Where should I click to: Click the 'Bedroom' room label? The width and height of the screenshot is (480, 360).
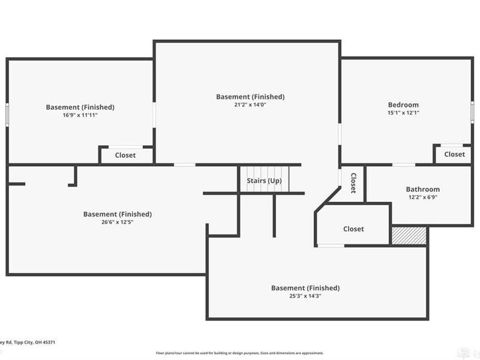tap(403, 105)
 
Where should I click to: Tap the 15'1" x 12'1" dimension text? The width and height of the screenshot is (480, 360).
tap(403, 113)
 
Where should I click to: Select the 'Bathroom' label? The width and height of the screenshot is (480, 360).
tap(422, 189)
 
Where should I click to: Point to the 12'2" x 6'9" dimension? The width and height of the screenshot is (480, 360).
tap(422, 197)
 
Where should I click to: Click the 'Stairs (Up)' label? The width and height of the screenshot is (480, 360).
tap(264, 181)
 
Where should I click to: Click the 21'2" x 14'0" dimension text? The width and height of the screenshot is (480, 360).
tap(250, 104)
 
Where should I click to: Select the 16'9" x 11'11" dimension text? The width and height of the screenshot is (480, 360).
tap(80, 115)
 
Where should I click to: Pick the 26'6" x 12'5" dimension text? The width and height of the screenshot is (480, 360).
tap(117, 221)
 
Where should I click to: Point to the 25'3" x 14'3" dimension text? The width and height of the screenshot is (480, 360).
tap(305, 295)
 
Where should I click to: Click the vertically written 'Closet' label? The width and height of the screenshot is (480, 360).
tap(353, 183)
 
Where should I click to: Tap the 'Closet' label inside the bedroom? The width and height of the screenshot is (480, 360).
tap(454, 154)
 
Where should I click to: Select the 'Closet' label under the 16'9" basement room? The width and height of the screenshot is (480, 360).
tap(125, 155)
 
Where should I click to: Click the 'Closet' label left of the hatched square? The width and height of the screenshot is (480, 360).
tap(353, 229)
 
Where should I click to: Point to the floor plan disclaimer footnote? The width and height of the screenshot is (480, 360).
tap(240, 353)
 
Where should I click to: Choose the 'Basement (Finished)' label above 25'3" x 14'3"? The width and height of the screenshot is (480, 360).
tap(305, 287)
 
